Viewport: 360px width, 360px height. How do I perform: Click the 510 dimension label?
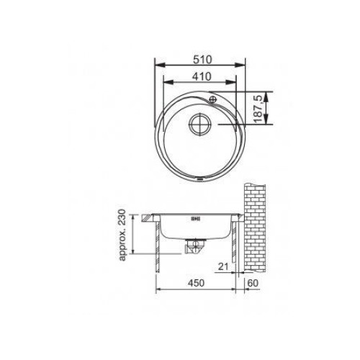point(202,60)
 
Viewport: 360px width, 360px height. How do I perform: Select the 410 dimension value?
point(202,76)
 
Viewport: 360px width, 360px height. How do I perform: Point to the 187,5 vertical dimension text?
point(258,109)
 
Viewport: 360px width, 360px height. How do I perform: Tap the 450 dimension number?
point(196,283)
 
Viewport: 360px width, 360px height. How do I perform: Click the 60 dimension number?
point(253,283)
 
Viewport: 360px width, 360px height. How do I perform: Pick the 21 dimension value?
point(223,266)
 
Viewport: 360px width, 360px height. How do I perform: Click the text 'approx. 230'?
point(122,235)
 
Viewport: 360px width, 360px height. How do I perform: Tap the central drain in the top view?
point(200,125)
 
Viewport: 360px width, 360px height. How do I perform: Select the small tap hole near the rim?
point(212,99)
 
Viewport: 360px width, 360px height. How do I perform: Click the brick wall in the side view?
point(255,228)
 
